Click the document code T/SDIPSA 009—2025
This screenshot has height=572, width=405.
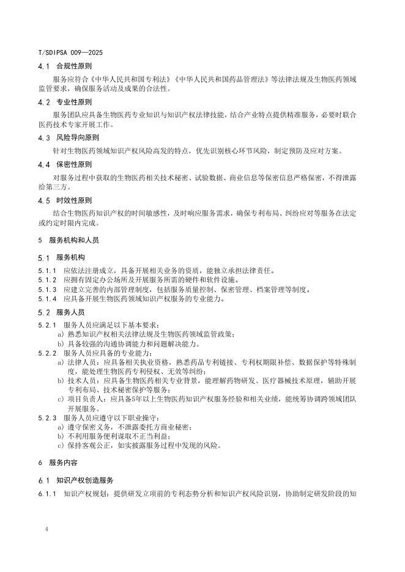tap(70, 53)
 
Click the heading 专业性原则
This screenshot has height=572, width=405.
tap(73, 102)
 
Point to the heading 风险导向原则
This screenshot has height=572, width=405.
tap(77, 137)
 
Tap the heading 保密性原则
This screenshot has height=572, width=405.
tap(73, 164)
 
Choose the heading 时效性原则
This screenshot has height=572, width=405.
tap(73, 200)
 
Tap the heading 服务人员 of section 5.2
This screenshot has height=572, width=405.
tap(70, 312)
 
